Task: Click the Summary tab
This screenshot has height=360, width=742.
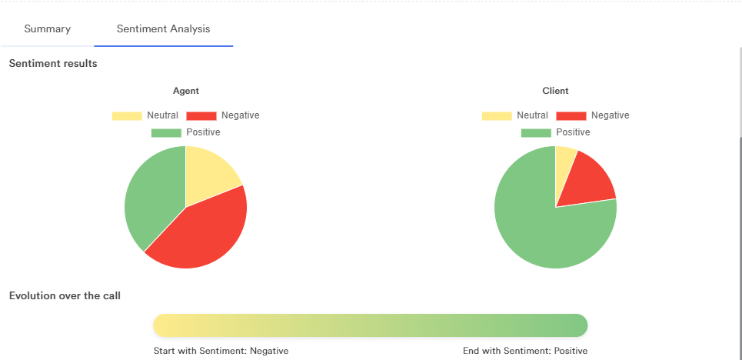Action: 48,29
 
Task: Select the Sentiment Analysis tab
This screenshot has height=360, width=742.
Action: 163,29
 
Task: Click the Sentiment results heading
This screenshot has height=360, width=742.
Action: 53,63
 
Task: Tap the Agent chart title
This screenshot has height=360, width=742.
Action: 186,91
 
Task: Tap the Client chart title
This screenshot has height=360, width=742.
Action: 555,91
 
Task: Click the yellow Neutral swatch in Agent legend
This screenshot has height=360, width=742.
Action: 127,116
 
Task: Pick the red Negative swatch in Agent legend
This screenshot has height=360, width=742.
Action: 201,116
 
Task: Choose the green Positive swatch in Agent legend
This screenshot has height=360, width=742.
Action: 166,133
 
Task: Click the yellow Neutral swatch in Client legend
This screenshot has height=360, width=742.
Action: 497,116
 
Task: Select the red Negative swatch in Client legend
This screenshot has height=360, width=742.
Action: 571,116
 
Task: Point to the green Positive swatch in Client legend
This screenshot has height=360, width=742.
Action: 536,133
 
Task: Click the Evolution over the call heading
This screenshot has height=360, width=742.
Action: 65,295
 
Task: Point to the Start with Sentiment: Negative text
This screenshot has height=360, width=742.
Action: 221,351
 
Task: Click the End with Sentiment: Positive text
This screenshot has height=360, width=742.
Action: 525,351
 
